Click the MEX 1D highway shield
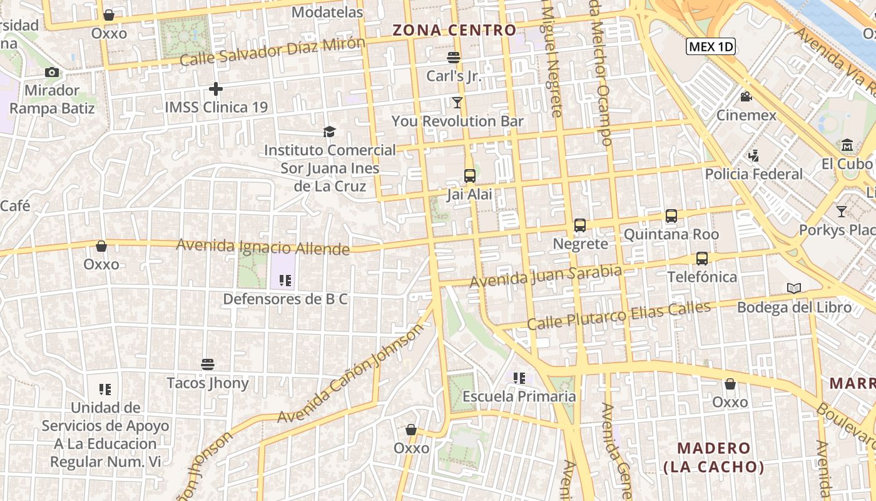(x=710, y=46)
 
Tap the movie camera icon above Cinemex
(x=746, y=96)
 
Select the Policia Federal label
(x=753, y=174)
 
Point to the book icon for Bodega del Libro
(x=794, y=288)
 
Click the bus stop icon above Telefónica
(x=702, y=258)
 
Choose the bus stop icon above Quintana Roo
(x=671, y=216)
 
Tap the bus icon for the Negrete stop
(x=580, y=225)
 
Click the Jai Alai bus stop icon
(x=470, y=176)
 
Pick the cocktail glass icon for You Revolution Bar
(x=457, y=102)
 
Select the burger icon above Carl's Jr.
(x=454, y=58)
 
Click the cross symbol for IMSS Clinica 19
(x=216, y=89)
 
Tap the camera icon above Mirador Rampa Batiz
(x=52, y=73)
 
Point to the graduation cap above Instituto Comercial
(x=330, y=132)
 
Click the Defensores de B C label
(x=285, y=299)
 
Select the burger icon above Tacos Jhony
(x=208, y=364)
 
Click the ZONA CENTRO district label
(x=454, y=30)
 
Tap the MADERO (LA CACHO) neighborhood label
(x=714, y=457)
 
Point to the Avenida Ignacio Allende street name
(x=263, y=247)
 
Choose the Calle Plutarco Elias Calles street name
(x=619, y=316)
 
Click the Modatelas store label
(x=327, y=13)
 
